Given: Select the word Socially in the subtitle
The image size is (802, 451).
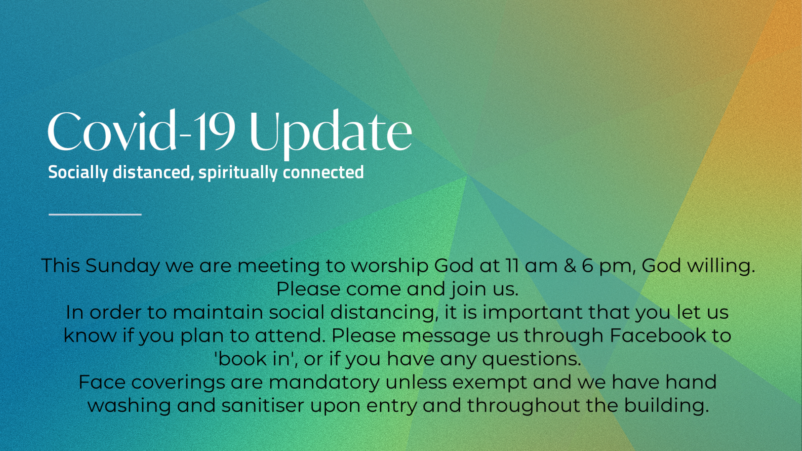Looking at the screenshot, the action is click(x=78, y=172).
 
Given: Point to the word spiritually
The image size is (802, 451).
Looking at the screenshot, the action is click(x=238, y=172).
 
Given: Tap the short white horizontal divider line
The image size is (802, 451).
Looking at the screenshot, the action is click(x=95, y=214).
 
